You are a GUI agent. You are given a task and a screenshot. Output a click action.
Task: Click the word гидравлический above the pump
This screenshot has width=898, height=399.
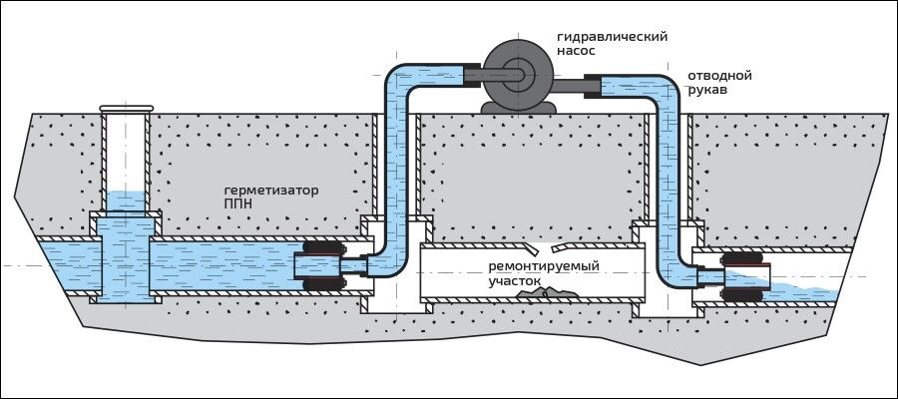click(x=612, y=37)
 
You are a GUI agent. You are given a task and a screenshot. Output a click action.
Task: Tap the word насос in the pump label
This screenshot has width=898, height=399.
click(x=578, y=53)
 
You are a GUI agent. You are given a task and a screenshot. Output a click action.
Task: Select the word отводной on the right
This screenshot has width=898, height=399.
click(x=719, y=75)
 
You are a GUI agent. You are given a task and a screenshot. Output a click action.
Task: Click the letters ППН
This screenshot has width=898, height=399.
click(x=238, y=204)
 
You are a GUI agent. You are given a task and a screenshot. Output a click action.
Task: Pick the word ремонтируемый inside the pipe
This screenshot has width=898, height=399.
click(x=544, y=267)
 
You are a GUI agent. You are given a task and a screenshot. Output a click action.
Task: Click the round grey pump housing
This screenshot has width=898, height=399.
click(x=515, y=70)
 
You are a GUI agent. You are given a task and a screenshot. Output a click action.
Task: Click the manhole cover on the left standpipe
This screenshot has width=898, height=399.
click(x=126, y=108)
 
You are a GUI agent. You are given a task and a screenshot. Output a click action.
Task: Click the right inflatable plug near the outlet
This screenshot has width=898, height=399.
click(x=746, y=281)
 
